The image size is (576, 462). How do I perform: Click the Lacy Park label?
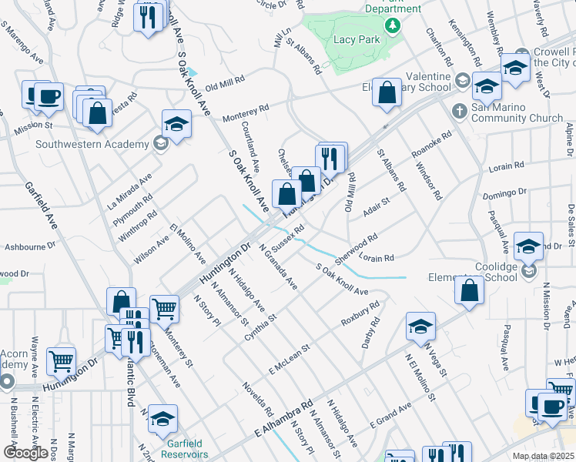point(353,38)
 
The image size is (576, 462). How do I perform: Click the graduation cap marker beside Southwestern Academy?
point(176,126)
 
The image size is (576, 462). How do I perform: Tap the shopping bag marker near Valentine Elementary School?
point(387,92)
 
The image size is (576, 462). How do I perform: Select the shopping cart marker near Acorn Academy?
point(61,360)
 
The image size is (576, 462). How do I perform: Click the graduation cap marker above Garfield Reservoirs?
point(162,419)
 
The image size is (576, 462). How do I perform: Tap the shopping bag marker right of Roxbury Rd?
point(469,290)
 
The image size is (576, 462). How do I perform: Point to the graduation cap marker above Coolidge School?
point(528,246)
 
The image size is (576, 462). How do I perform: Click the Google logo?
point(25,453)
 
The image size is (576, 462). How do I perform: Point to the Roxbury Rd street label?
point(363,315)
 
